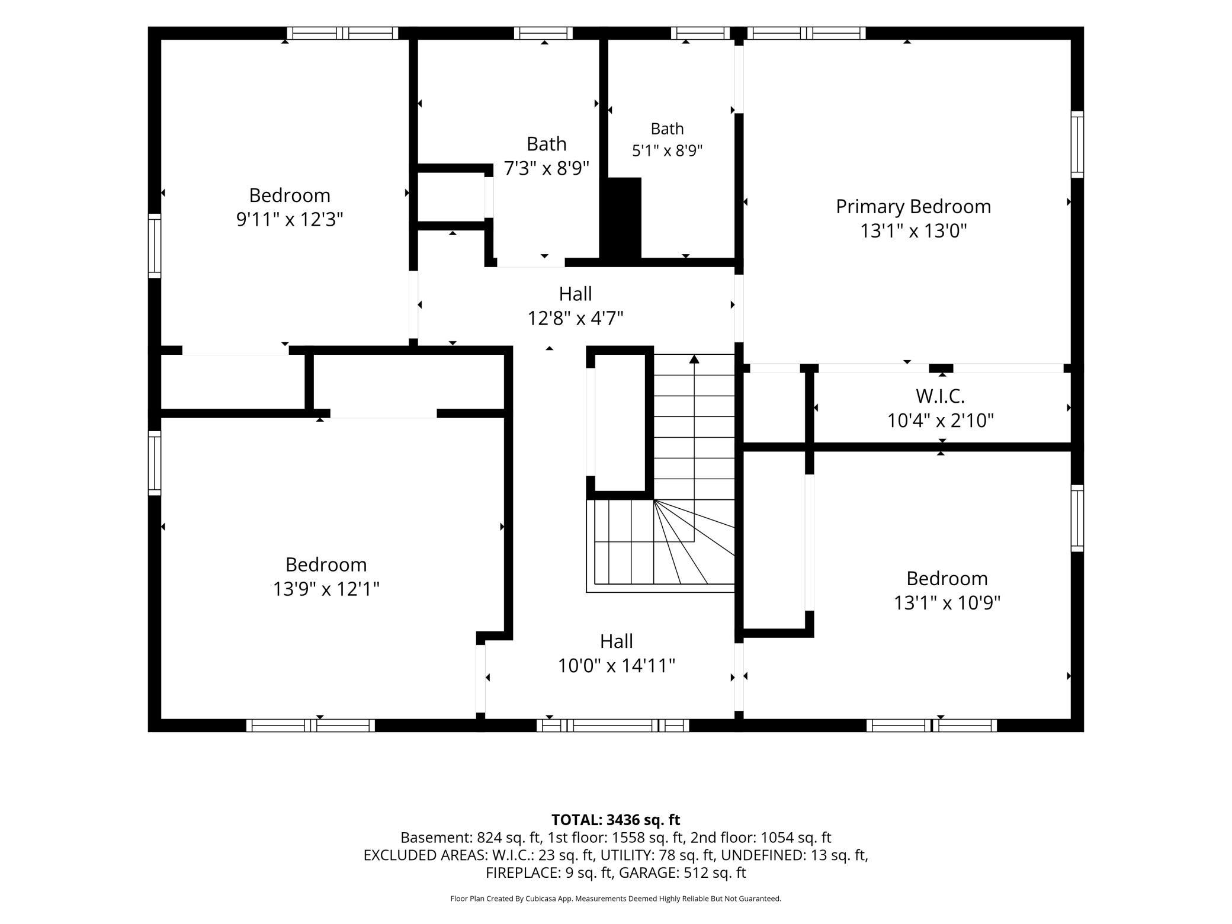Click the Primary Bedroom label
tap(913, 207)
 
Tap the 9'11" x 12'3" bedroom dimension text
tap(290, 220)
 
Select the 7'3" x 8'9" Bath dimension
tap(546, 169)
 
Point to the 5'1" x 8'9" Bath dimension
tap(667, 150)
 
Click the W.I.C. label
tap(940, 396)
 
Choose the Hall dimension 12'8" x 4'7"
tap(575, 319)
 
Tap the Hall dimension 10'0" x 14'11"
tap(617, 666)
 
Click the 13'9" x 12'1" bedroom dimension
tap(326, 589)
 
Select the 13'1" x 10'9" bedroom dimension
tap(947, 603)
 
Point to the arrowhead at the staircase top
tap(694, 359)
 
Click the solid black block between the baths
tap(621, 217)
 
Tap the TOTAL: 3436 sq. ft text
tap(615, 820)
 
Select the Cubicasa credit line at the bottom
tap(615, 899)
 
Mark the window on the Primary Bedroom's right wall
tap(1077, 144)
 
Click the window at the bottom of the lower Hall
tap(613, 726)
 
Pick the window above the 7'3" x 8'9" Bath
tap(543, 33)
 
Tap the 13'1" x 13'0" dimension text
tap(913, 231)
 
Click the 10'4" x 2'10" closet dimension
tap(940, 421)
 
